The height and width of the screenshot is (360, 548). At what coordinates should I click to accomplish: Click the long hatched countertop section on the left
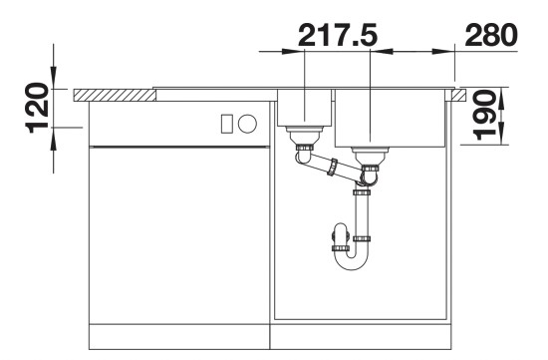click(115, 95)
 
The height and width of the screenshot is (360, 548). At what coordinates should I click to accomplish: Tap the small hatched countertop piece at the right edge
click(460, 95)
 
